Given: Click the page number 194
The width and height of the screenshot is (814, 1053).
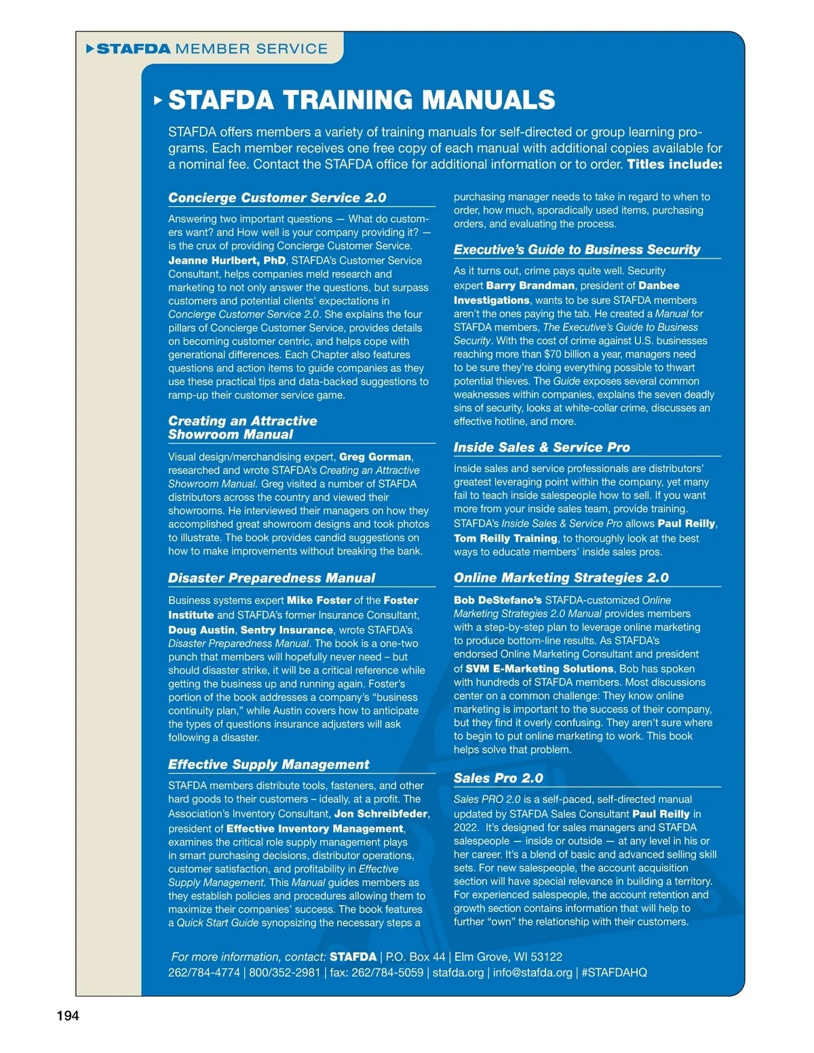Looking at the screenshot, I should tap(68, 1016).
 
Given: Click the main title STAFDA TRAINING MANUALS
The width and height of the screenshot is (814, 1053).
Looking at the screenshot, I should tap(362, 100).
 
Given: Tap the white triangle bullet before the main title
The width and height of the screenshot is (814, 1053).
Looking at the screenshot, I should tap(158, 100).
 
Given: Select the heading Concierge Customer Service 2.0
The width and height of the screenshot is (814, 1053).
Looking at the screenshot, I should tap(277, 198).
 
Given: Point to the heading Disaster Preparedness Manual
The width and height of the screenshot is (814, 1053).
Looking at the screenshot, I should tap(271, 578).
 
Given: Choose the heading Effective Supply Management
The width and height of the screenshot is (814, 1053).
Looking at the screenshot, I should tap(269, 765).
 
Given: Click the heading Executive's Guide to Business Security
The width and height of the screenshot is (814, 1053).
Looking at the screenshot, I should tap(577, 250).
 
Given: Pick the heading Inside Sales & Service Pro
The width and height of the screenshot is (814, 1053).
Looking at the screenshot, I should tap(541, 448).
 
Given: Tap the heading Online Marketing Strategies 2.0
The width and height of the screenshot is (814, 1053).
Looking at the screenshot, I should tap(561, 578).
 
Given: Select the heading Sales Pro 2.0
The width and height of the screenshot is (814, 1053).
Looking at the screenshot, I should tap(498, 778).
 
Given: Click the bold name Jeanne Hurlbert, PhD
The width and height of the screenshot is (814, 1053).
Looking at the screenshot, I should tap(227, 260).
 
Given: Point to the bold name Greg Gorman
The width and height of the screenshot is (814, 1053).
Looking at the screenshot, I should tap(375, 457).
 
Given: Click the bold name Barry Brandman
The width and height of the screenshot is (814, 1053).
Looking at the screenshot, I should tap(530, 286).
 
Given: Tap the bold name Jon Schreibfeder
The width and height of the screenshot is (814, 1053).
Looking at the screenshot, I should tap(381, 814).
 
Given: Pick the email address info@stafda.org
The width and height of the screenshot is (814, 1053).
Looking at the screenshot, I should tap(532, 972).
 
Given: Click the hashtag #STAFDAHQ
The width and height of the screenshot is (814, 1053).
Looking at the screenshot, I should tap(614, 972).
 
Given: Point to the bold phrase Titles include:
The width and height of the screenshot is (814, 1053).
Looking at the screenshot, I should tap(674, 164).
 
